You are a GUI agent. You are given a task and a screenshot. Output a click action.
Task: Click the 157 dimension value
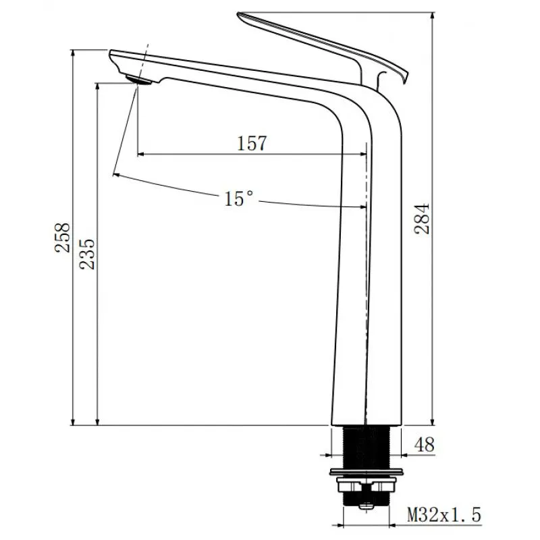(252, 143)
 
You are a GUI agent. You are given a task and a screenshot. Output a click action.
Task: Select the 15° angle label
(239, 198)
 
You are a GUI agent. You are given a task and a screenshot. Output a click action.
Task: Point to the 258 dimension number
(63, 238)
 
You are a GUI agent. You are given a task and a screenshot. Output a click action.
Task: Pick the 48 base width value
(424, 445)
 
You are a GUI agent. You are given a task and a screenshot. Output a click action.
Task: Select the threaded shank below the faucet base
(367, 446)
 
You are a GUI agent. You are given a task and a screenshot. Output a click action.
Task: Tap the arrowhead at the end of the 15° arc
(117, 175)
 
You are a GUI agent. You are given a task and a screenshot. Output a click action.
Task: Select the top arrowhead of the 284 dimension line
(432, 15)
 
